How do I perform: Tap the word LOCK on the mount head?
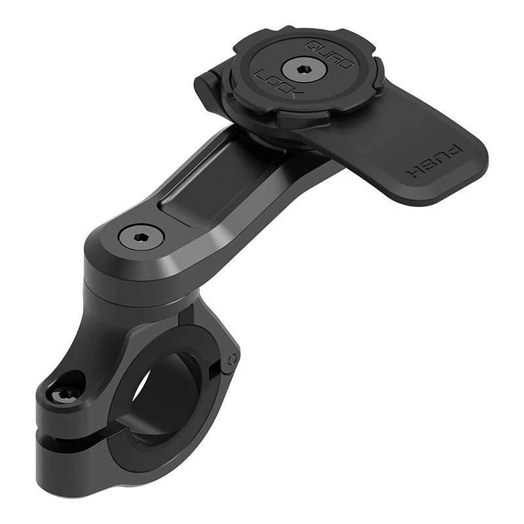click(x=278, y=85)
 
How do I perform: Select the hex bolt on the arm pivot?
click(x=141, y=235)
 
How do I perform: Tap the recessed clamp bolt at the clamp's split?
click(x=66, y=392)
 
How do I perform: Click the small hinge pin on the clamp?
click(x=231, y=359)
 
